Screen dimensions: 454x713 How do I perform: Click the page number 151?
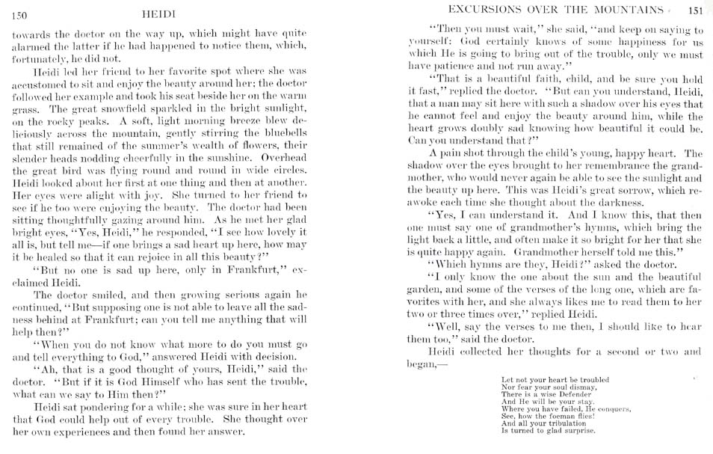(695, 10)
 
